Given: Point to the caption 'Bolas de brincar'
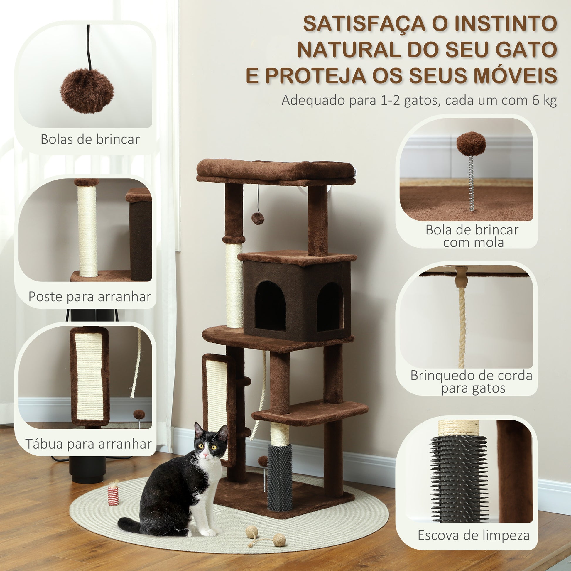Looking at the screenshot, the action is [x=90, y=139].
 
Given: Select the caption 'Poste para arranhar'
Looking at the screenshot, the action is [x=90, y=296].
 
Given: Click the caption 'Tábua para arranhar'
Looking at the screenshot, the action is [x=89, y=444].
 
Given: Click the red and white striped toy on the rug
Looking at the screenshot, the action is [x=113, y=493].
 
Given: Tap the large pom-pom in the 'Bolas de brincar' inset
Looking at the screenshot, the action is [x=87, y=91].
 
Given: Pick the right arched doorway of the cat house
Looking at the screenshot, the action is [x=330, y=307].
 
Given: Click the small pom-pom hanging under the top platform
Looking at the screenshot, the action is [x=257, y=219].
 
